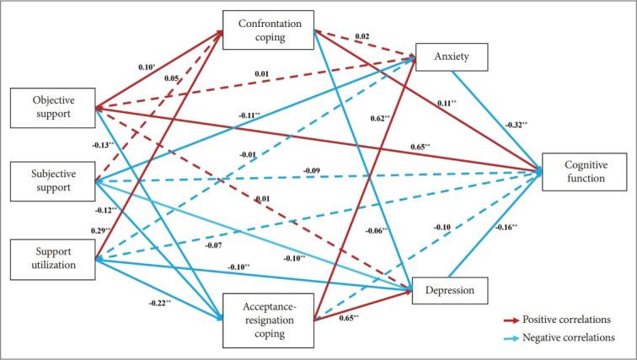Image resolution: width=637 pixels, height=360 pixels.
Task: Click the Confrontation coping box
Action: (268, 30)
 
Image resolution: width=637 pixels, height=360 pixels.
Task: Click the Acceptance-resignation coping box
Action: (268, 319)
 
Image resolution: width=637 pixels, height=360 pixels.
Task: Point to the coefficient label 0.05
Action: (171, 78)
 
